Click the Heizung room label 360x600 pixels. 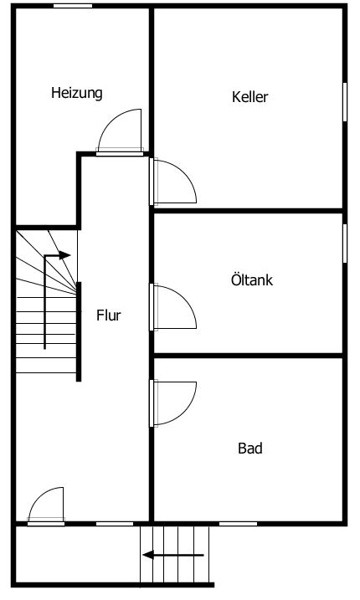(x=77, y=93)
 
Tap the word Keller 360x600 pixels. (x=249, y=96)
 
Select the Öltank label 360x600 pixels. (x=252, y=279)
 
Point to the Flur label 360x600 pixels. (x=108, y=315)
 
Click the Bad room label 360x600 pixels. (x=250, y=448)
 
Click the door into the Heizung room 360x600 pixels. (x=120, y=132)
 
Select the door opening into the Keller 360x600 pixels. (x=172, y=182)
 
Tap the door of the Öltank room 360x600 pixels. (x=172, y=307)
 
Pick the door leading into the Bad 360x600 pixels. (x=172, y=403)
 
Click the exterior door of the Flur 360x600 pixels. (x=46, y=506)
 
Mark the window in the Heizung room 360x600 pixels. (x=73, y=6)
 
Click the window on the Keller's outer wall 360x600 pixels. (x=345, y=102)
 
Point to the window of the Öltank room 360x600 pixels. (x=345, y=244)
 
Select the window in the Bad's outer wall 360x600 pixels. (x=238, y=524)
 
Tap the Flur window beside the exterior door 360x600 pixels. (x=115, y=524)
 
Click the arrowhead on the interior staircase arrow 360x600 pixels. (x=64, y=255)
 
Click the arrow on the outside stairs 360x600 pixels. (x=173, y=555)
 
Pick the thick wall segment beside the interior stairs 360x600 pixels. (x=79, y=331)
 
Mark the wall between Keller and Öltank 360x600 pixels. (x=248, y=211)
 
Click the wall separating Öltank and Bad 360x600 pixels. (x=248, y=356)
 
